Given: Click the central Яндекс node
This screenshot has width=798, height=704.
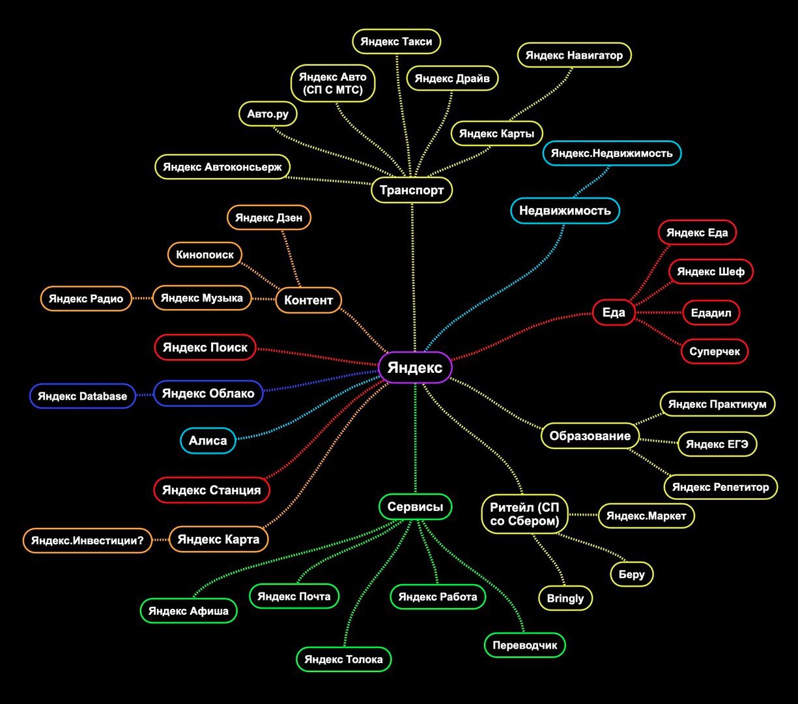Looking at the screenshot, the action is click(x=415, y=368).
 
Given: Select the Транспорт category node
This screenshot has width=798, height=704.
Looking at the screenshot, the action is click(x=412, y=190).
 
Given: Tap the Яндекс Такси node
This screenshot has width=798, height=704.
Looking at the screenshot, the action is click(x=396, y=41).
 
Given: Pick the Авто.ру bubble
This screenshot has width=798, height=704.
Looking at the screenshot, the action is click(x=268, y=114).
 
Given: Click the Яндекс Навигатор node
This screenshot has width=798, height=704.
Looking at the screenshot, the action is click(x=574, y=55).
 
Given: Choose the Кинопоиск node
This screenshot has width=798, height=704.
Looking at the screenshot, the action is click(x=205, y=255).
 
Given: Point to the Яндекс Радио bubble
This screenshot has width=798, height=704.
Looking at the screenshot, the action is click(x=86, y=299).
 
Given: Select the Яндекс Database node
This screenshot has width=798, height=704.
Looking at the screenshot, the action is click(x=82, y=396).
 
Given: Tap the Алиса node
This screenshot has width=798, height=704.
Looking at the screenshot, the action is click(x=208, y=440).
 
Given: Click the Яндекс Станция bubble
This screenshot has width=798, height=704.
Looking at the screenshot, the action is click(x=212, y=490).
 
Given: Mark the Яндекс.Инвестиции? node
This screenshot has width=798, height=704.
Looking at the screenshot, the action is click(x=87, y=540).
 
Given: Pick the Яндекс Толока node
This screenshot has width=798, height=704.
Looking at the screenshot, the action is click(x=343, y=659).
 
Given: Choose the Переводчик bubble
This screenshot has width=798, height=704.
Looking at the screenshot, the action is click(x=524, y=645).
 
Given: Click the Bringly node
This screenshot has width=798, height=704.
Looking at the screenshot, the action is click(x=565, y=598).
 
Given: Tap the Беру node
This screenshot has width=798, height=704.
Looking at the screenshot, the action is click(x=632, y=574).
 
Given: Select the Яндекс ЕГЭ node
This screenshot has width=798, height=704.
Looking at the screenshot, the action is click(x=717, y=445).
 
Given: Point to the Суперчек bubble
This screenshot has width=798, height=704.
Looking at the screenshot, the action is click(x=715, y=351).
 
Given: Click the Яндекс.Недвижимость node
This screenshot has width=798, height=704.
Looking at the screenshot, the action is click(x=612, y=153).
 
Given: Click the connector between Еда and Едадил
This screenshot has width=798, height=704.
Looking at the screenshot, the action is click(x=659, y=313).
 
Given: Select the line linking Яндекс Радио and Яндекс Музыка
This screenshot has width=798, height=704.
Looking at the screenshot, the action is click(x=142, y=299).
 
